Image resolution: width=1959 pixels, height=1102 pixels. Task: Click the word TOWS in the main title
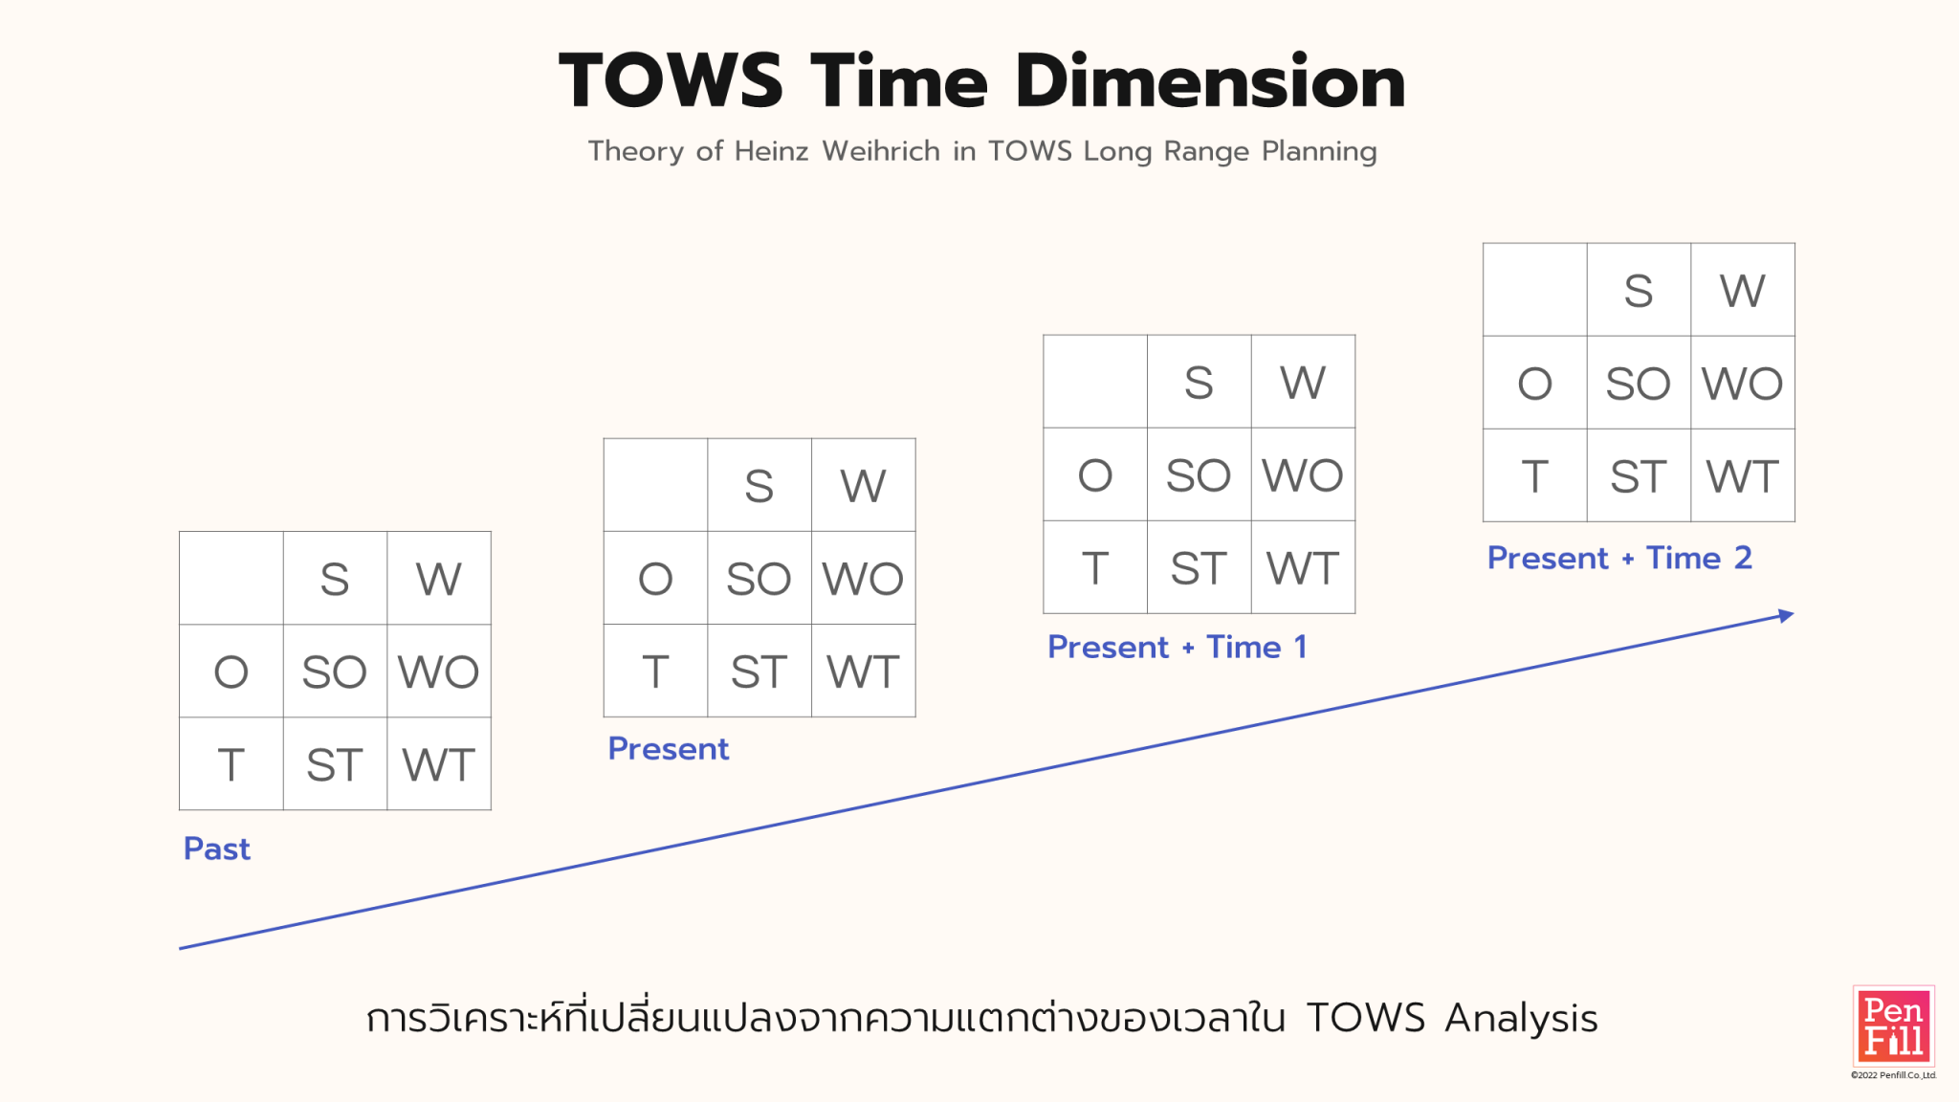(671, 81)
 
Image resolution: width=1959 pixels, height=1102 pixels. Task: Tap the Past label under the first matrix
(217, 849)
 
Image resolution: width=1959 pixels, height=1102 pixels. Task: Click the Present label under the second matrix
(669, 748)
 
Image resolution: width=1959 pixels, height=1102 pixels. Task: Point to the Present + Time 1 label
(1177, 647)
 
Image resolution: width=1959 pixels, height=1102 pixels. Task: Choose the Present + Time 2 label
(1619, 558)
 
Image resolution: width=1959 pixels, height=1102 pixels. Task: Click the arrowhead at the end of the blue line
(1785, 615)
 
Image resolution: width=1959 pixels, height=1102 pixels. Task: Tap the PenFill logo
(1893, 1025)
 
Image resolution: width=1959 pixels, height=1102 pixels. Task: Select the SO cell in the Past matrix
(335, 672)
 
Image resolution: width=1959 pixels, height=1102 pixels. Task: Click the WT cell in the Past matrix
(439, 764)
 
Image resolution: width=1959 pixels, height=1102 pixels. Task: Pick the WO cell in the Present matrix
(863, 578)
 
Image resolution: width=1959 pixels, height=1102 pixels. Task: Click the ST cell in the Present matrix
(759, 672)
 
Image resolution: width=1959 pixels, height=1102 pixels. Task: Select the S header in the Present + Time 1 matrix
(1199, 383)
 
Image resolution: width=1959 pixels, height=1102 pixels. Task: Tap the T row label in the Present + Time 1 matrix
(1095, 568)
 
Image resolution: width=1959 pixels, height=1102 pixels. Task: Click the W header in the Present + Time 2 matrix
(1742, 291)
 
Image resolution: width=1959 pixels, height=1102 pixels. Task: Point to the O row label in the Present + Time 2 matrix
(1535, 384)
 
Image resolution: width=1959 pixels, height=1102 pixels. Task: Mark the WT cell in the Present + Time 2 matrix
(1742, 476)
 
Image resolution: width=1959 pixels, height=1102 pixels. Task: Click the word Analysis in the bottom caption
(1521, 1019)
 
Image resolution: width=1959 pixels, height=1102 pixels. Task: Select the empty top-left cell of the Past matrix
(231, 579)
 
